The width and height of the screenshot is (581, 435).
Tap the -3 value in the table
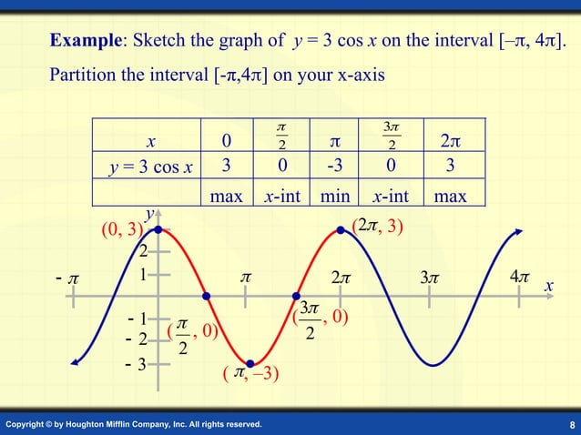(334, 167)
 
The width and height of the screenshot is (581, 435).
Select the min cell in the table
(334, 195)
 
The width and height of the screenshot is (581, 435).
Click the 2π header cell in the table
(451, 141)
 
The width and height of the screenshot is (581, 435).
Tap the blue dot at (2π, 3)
(341, 230)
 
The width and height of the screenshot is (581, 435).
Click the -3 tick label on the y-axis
(138, 366)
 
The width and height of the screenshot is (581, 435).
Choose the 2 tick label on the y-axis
(143, 251)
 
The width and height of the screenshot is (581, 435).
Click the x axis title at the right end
(549, 286)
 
